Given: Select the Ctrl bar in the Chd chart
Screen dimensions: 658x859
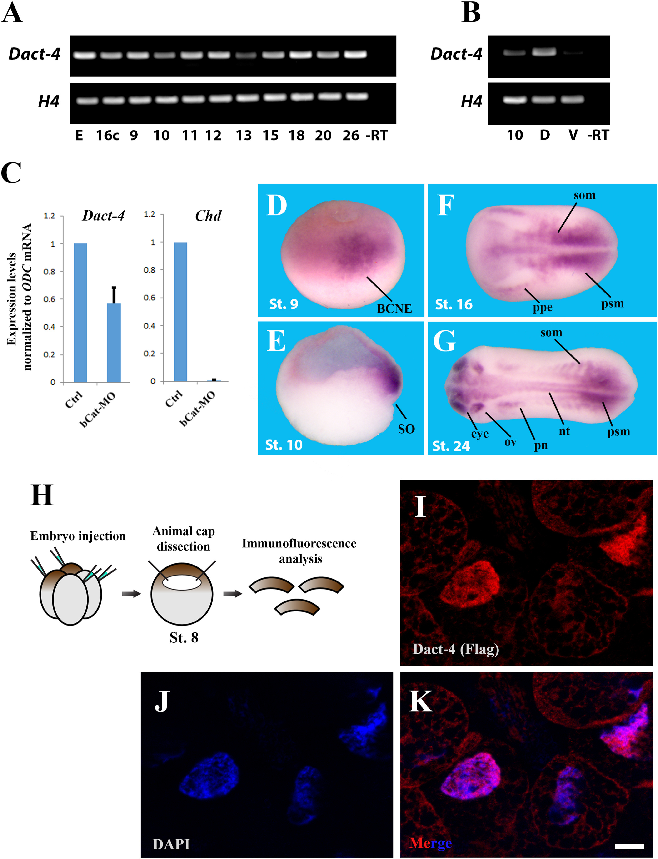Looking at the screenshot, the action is tap(180, 312).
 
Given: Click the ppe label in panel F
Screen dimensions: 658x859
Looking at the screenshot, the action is tap(543, 308).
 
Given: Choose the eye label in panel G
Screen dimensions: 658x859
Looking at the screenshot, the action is tap(480, 434).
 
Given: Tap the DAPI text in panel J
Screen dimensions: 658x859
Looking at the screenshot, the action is tap(171, 844).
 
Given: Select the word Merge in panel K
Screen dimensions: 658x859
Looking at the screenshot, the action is tap(430, 843).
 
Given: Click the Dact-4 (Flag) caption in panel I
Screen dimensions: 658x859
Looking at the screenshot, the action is tap(455, 649).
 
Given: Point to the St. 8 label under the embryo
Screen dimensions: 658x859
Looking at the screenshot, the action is tap(184, 638).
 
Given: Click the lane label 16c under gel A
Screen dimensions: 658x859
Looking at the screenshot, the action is tap(108, 136).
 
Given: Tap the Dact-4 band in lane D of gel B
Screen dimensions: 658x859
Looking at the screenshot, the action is tap(544, 52).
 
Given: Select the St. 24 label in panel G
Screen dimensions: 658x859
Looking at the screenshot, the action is tap(451, 446).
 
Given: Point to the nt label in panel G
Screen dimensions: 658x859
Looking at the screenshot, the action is tap(564, 431).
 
